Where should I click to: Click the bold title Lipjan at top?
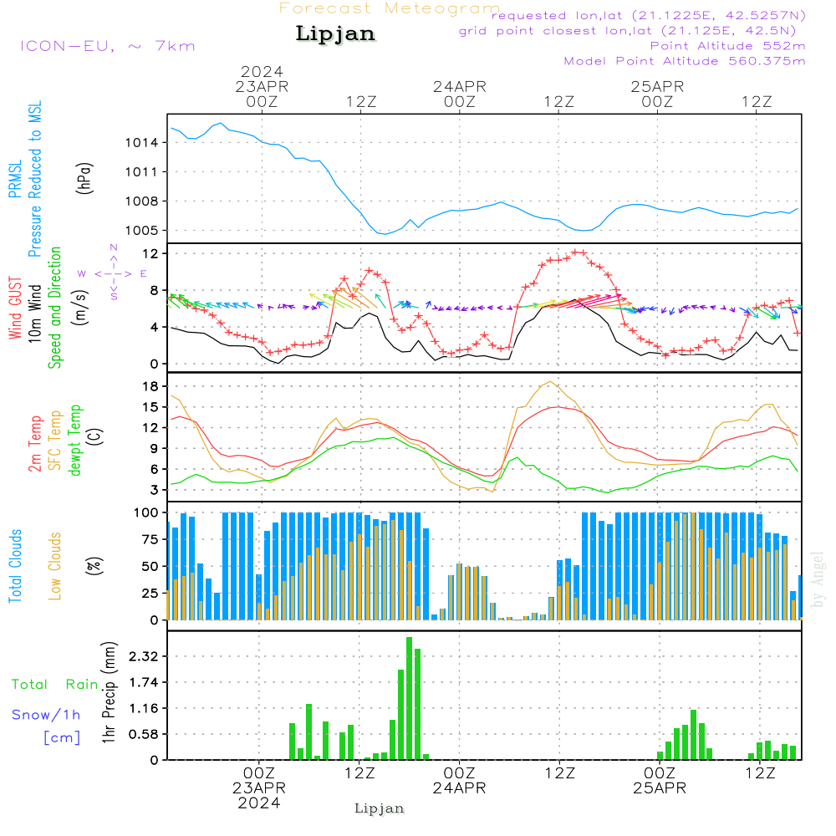tap(335, 34)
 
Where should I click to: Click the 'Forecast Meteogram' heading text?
tap(390, 8)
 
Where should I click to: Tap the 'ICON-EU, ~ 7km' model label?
tap(108, 46)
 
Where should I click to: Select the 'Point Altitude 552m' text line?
tap(728, 46)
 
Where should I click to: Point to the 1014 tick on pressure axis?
tap(141, 143)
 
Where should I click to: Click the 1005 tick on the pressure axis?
tap(141, 231)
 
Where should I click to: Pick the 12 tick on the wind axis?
tap(151, 254)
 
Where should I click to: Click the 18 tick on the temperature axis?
tap(151, 386)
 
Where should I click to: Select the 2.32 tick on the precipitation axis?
tap(144, 656)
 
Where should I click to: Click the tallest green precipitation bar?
tap(409, 698)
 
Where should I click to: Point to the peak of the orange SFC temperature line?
tap(550, 382)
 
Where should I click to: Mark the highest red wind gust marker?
tap(575, 252)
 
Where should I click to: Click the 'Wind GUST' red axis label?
tap(15, 308)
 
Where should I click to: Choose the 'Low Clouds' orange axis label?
tap(54, 566)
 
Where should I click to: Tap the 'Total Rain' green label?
tap(55, 685)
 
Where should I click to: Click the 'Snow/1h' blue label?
tap(46, 715)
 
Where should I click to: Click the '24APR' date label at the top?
tap(460, 86)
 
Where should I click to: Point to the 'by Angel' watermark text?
tap(817, 579)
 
